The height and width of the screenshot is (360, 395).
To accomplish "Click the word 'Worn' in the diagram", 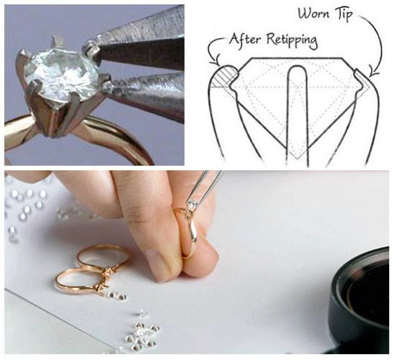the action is click(314, 14).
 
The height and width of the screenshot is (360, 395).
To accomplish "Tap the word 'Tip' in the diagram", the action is click(343, 14).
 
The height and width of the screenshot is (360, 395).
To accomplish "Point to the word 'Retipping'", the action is click(292, 41).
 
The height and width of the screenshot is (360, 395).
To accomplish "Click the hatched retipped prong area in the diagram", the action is click(223, 77).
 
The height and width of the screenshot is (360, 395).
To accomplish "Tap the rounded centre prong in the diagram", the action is click(297, 113).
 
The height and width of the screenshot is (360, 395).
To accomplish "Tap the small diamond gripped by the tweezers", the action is click(193, 203).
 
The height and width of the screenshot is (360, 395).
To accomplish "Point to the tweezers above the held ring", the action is click(205, 188).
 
